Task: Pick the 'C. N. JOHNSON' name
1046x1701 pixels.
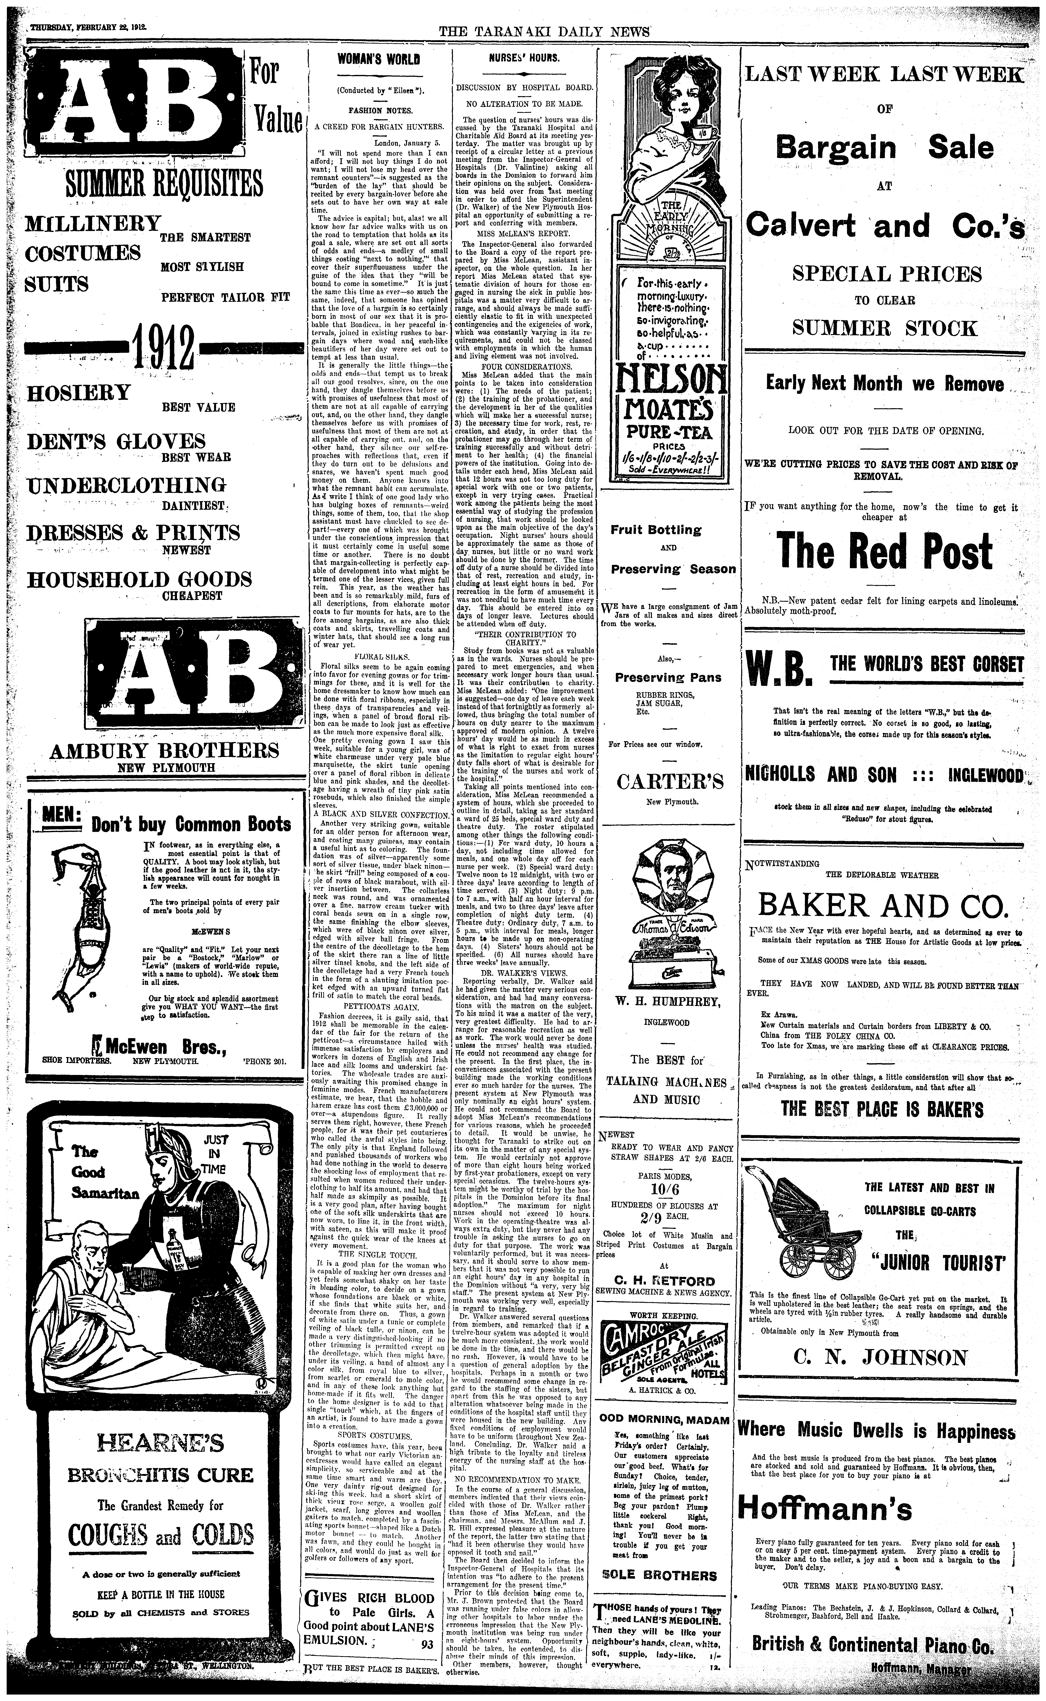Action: [880, 1357]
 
